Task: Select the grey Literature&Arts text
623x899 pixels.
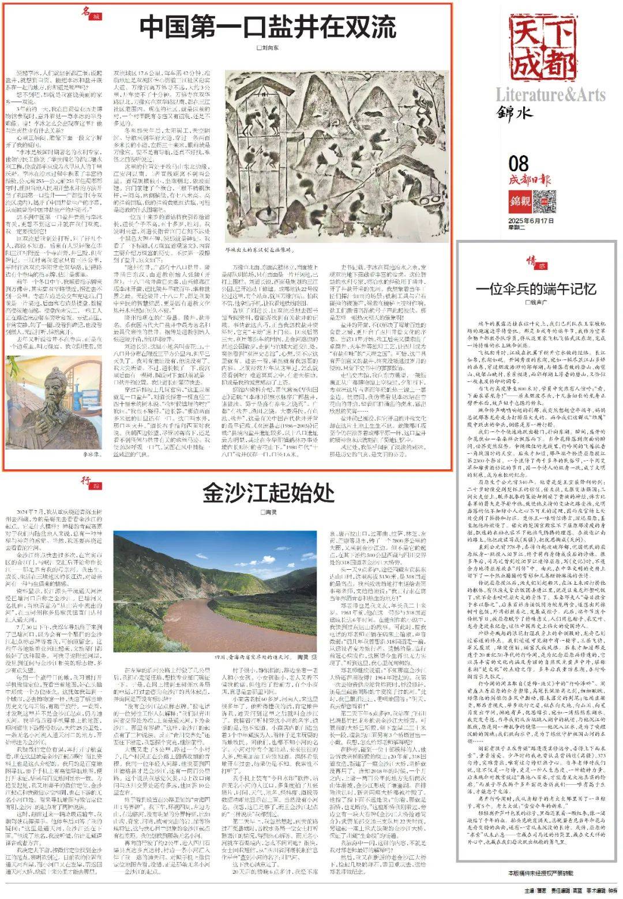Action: tap(550, 95)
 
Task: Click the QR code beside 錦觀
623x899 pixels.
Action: tap(544, 201)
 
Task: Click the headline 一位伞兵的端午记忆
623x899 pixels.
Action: tap(536, 288)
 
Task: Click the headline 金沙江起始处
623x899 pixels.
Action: tap(268, 493)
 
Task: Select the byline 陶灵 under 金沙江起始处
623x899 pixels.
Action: tap(268, 512)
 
